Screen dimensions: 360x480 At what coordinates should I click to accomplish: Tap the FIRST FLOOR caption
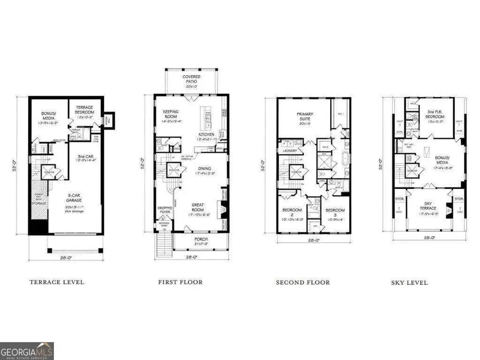[180, 282]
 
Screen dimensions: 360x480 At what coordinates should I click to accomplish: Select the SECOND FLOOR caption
[302, 282]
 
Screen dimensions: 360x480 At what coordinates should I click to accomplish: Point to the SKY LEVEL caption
[409, 282]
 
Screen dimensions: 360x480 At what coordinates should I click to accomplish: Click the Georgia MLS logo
[27, 350]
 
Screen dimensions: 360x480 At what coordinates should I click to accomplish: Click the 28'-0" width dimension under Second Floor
[314, 241]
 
